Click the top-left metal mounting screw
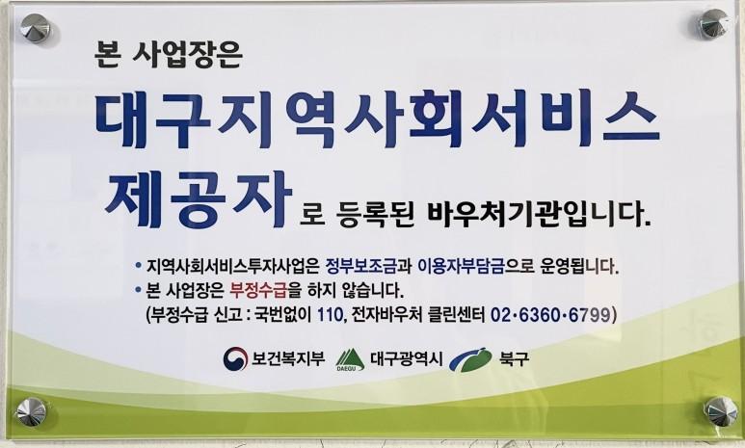[x=35, y=28]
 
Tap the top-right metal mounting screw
[x=712, y=23]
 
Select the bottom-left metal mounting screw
[x=32, y=412]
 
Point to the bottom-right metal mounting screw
[x=720, y=411]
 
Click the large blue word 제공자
[x=199, y=199]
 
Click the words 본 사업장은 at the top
[x=169, y=55]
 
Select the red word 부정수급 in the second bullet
[x=258, y=289]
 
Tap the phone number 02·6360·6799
[x=549, y=314]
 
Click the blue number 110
[x=330, y=314]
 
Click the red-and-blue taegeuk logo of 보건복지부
[x=236, y=358]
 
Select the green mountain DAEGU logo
[x=350, y=359]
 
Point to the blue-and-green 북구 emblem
[x=471, y=359]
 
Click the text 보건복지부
[x=288, y=358]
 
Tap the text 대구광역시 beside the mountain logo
[x=407, y=358]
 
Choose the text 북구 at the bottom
[x=514, y=358]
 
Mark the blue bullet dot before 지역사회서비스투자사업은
[x=138, y=265]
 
